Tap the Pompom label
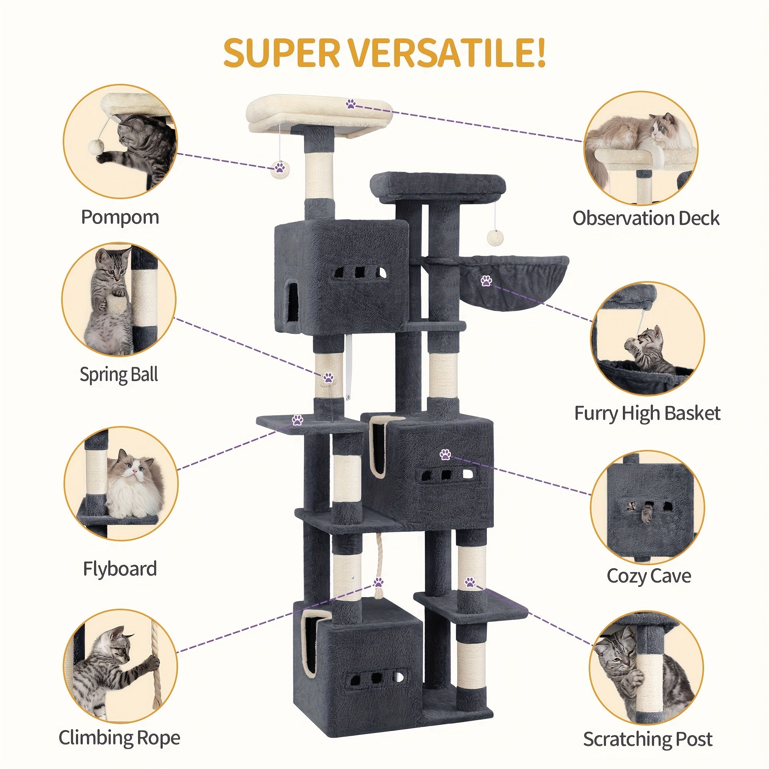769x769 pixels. pos(120,217)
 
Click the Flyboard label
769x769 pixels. pos(120,569)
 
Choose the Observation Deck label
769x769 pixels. pos(646,218)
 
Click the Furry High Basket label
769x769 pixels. pos(647,413)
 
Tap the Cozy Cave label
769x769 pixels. pos(649,576)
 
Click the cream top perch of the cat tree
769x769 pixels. pos(320,113)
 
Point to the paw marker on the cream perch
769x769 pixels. pos(350,104)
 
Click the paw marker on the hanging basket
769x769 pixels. pos(486,281)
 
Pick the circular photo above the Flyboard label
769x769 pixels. pos(120,483)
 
